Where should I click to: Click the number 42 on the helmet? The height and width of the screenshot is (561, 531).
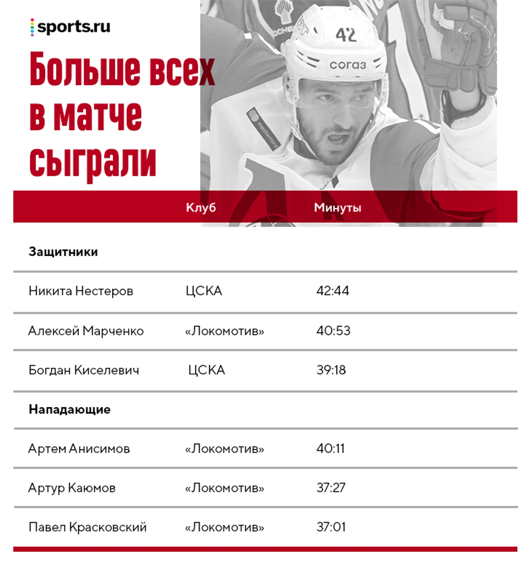click(x=345, y=35)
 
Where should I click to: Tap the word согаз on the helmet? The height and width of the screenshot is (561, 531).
click(x=347, y=65)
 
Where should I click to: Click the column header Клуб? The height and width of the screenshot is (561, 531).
click(x=201, y=207)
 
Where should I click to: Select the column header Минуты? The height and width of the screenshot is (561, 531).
click(x=337, y=207)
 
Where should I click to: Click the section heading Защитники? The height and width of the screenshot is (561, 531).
click(x=63, y=252)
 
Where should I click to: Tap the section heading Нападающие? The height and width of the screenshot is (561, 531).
click(x=69, y=409)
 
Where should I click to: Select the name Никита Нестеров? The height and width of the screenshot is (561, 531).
click(x=81, y=291)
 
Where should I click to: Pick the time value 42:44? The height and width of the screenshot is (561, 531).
click(x=332, y=291)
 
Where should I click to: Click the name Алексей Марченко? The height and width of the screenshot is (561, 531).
click(x=86, y=331)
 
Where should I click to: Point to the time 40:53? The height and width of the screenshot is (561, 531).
click(x=333, y=331)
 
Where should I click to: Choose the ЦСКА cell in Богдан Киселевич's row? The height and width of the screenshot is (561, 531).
click(x=206, y=370)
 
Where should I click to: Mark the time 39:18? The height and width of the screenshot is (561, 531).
click(x=331, y=370)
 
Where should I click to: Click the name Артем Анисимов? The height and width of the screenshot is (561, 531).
click(x=79, y=449)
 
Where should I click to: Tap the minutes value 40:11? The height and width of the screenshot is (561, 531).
click(x=330, y=448)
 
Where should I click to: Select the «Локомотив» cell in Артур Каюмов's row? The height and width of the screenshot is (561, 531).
click(x=224, y=488)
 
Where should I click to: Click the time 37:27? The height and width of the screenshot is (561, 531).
click(x=331, y=488)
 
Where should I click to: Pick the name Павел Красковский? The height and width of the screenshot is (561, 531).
click(x=87, y=527)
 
